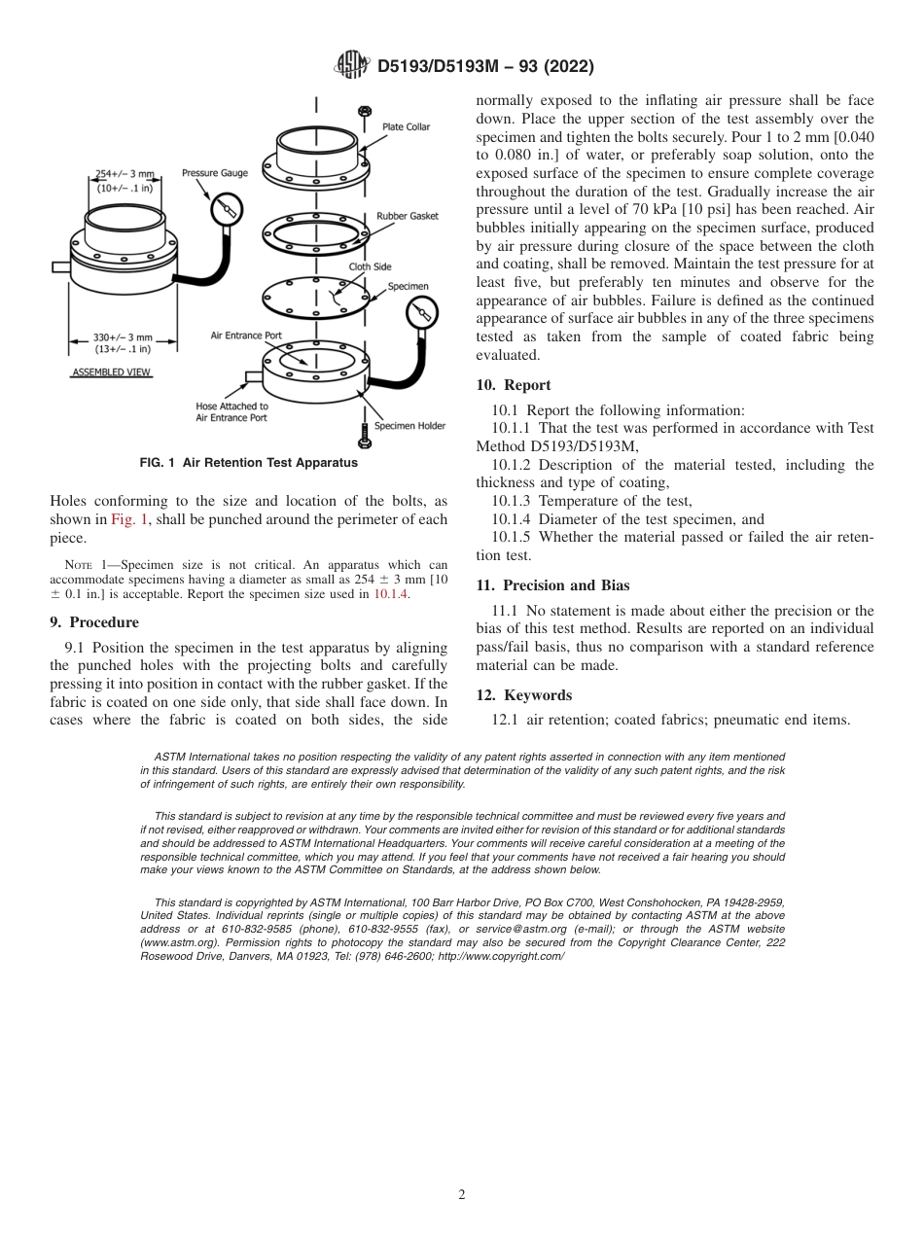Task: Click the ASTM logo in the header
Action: pos(351,66)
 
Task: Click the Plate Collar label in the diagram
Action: pos(406,127)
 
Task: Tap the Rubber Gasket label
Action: pos(407,216)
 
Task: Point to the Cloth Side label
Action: pos(370,266)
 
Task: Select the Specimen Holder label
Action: pos(409,426)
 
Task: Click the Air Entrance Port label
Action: pos(246,336)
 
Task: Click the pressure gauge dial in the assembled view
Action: pos(226,208)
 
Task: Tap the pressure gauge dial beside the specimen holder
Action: pos(422,313)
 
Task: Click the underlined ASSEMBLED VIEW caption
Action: pos(113,372)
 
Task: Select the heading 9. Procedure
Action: pos(94,622)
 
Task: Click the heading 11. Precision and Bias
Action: pos(552,585)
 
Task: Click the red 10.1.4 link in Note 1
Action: pos(391,595)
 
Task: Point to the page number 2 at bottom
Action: pos(462,1195)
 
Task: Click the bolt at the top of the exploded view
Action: pos(364,111)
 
